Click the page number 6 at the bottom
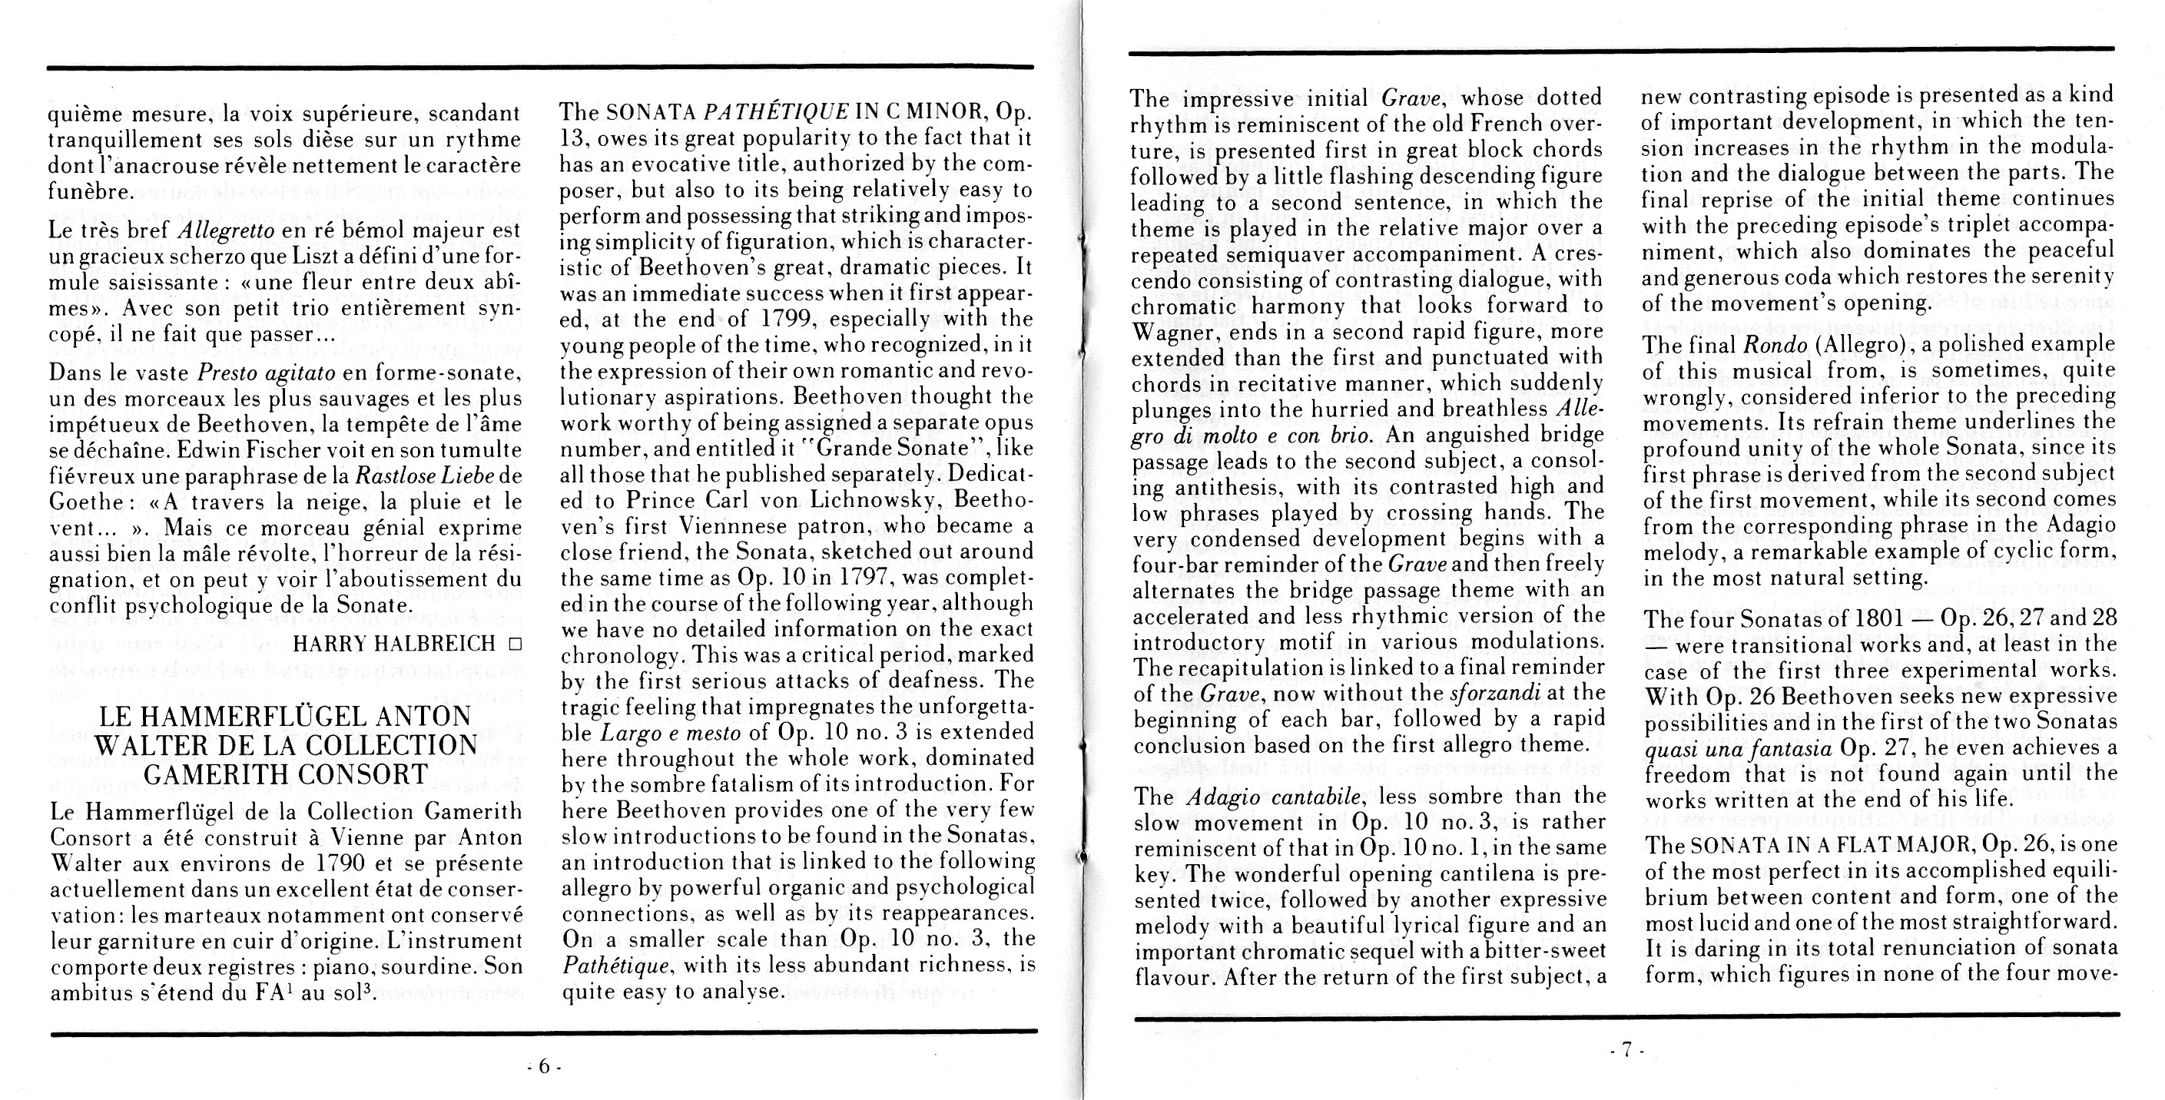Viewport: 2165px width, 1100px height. click(544, 1066)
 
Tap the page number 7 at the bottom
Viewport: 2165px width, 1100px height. click(1626, 1049)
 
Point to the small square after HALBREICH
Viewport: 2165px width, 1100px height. click(514, 644)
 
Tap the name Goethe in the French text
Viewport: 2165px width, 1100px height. click(87, 502)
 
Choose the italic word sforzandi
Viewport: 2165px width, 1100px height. click(1495, 694)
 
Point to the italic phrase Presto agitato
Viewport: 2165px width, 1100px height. click(267, 373)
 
